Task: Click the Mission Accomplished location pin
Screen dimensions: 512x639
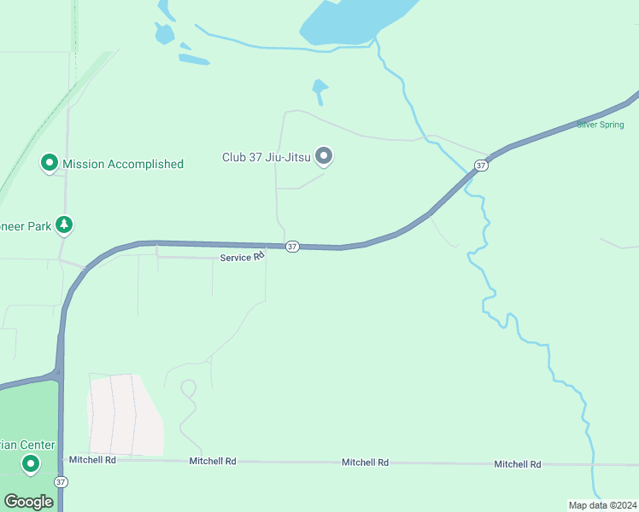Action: click(50, 162)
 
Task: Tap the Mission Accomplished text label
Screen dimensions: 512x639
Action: click(123, 164)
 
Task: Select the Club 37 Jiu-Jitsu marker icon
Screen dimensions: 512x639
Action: click(324, 155)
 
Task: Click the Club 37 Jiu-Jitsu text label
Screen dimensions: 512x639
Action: click(266, 157)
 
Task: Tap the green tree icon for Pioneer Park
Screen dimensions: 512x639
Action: click(64, 224)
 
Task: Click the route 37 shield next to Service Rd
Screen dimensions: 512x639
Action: click(292, 247)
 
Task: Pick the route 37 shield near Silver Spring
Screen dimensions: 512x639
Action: click(482, 165)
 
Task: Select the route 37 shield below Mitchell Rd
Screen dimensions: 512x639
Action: click(60, 482)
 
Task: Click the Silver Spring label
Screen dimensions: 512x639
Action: click(601, 125)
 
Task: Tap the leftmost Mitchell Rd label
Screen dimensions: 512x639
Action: click(92, 460)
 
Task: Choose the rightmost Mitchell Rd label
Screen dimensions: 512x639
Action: click(517, 464)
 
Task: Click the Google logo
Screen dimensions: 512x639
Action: click(28, 502)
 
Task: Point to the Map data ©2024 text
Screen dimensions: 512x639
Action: click(602, 504)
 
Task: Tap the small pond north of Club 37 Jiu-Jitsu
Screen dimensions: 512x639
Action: click(319, 87)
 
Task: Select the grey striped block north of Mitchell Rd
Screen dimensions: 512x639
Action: click(125, 414)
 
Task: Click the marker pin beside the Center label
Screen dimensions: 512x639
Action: click(32, 463)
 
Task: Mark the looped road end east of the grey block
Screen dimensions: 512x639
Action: click(189, 388)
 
